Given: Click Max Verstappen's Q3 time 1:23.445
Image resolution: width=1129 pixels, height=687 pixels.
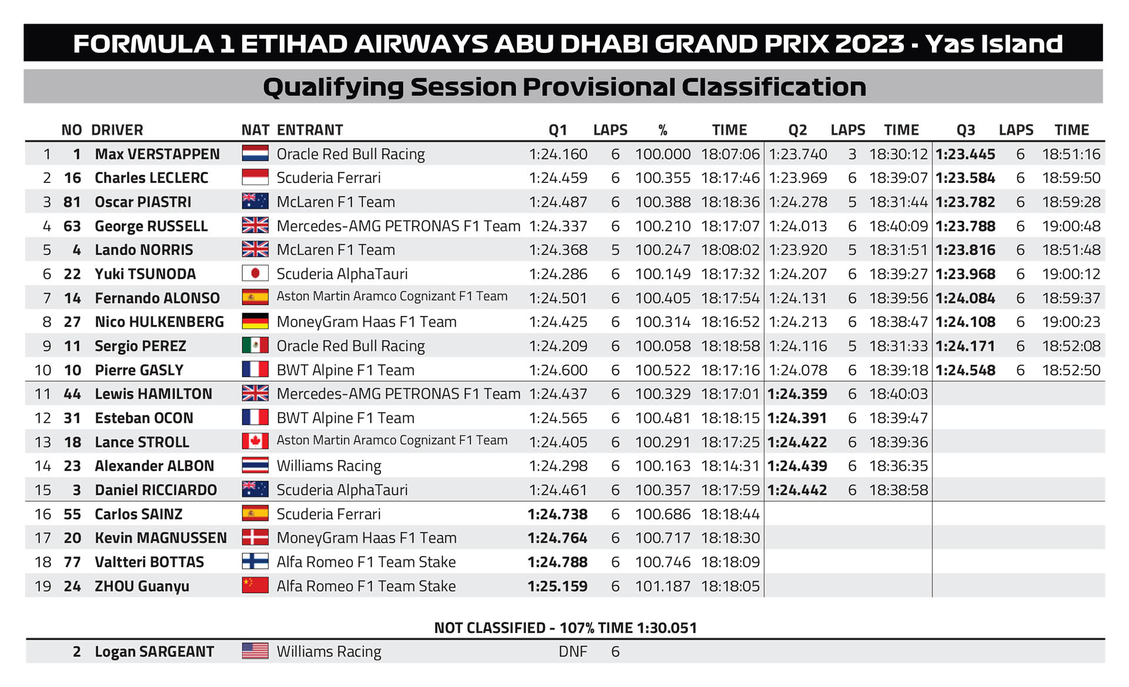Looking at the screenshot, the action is (966, 154).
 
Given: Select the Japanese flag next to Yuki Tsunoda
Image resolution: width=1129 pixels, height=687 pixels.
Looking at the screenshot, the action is (255, 274).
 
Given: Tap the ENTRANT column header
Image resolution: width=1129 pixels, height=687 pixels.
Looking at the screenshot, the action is (310, 129).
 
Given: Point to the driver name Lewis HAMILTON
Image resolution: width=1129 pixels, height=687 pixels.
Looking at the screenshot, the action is (153, 394).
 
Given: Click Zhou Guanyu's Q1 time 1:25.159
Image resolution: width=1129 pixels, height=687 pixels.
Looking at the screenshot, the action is (557, 586).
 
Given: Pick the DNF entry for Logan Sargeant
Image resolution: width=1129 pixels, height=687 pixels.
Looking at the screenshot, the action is (573, 652).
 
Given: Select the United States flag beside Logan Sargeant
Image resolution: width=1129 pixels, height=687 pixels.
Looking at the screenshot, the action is (255, 651).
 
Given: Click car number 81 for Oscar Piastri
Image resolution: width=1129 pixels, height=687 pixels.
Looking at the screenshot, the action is (72, 202).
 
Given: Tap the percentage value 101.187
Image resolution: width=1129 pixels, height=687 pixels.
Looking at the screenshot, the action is (663, 586).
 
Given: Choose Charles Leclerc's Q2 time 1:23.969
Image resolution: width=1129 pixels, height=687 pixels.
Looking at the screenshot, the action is (798, 178).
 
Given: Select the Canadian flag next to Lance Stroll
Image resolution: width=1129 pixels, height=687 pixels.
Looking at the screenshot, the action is (255, 441).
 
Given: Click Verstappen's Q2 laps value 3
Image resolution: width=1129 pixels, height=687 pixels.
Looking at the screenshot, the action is (852, 154).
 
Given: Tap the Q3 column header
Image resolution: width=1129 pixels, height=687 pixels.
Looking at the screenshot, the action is (966, 130).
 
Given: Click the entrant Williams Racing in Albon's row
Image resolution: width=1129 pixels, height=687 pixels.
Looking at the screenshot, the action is (329, 466).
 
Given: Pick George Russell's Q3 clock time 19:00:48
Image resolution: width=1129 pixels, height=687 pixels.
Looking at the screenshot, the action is (1071, 226).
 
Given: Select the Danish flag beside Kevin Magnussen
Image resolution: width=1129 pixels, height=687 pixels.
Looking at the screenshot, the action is (255, 538).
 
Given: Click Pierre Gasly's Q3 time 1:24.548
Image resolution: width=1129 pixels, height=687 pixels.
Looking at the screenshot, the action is (966, 371).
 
